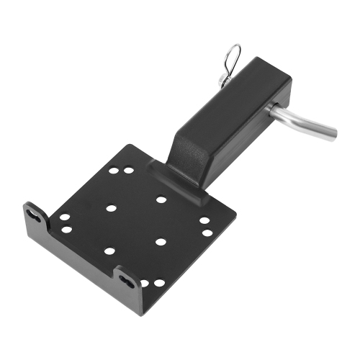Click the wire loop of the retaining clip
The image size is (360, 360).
tap(233, 55)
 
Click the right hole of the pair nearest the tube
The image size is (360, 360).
tap(129, 171)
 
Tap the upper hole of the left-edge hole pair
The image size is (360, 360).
tap(65, 217)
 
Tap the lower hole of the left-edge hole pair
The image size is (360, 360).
tap(66, 229)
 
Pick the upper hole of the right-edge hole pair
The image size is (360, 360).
tap(204, 221)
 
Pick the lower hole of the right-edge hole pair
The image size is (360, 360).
tap(207, 233)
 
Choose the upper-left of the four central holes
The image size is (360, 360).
tap(111, 208)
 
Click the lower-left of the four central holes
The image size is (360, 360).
tap(109, 251)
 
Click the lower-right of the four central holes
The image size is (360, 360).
tap(161, 242)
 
